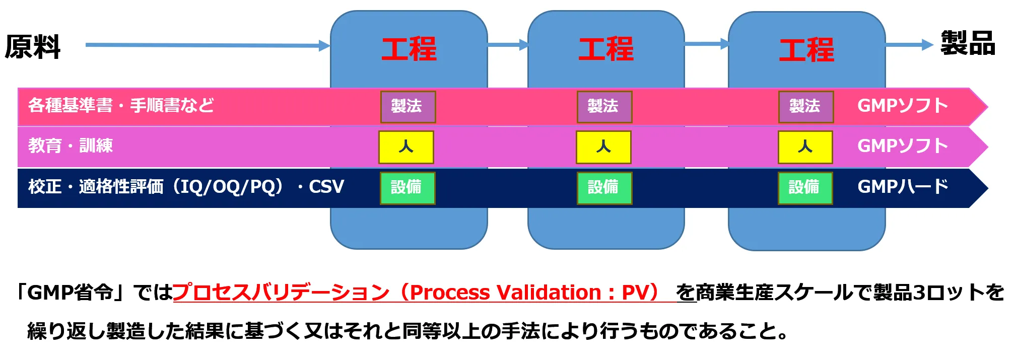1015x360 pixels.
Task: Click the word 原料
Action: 33,47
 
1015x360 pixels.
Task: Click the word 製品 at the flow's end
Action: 968,43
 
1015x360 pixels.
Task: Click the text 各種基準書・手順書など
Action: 121,106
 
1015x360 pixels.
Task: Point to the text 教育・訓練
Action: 71,146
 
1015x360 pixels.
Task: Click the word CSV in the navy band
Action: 326,187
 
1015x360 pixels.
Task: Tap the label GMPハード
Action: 903,187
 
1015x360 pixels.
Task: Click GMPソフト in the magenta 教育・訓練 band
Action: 903,146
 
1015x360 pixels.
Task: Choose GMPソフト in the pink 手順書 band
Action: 903,106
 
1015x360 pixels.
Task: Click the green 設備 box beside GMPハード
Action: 805,188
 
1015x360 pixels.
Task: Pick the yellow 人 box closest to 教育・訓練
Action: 406,147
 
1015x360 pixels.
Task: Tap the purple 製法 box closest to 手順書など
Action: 408,107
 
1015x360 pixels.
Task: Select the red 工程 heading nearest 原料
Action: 409,49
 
